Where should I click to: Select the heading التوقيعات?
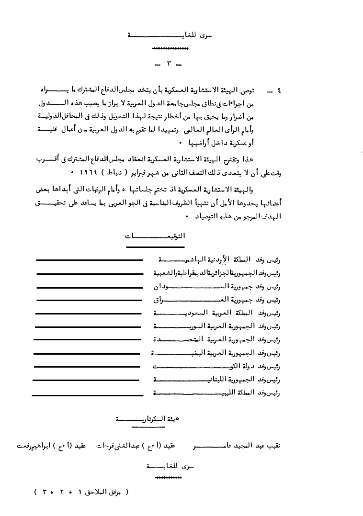point(155,236)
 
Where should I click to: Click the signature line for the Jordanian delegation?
point(89,260)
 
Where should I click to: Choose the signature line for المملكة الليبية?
point(88,394)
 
